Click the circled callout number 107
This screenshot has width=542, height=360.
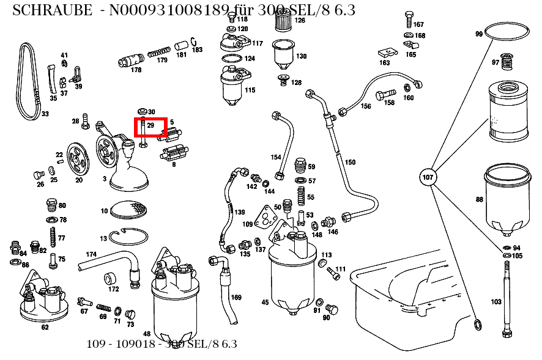pyautogui.click(x=428, y=178)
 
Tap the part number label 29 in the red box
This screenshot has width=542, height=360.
pyautogui.click(x=150, y=125)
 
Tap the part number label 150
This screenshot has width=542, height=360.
pyautogui.click(x=350, y=163)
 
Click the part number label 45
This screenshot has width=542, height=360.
pyautogui.click(x=265, y=302)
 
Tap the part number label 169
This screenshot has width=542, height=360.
pyautogui.click(x=236, y=298)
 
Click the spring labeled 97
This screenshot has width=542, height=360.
pyautogui.click(x=506, y=62)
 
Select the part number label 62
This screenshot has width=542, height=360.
pyautogui.click(x=45, y=327)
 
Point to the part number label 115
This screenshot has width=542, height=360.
pyautogui.click(x=250, y=90)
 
